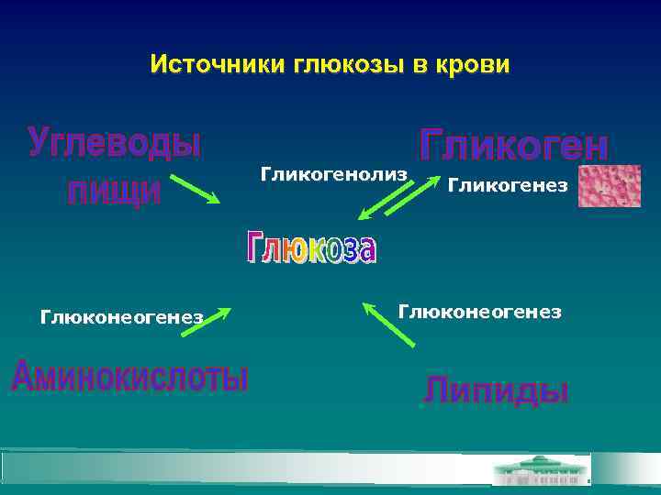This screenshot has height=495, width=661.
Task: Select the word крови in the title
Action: click(x=471, y=66)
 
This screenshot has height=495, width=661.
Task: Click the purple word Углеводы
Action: click(x=116, y=145)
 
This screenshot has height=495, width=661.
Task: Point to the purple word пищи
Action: click(x=115, y=191)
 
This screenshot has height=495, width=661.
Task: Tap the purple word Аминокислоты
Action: click(x=129, y=377)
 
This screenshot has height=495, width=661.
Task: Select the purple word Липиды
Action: click(x=496, y=390)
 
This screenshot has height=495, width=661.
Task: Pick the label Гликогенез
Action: click(x=507, y=186)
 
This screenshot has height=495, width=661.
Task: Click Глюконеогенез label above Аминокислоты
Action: click(x=121, y=317)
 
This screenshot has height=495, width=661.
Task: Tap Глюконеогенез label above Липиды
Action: click(x=479, y=312)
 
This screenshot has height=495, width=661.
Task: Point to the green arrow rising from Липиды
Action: click(x=388, y=324)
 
